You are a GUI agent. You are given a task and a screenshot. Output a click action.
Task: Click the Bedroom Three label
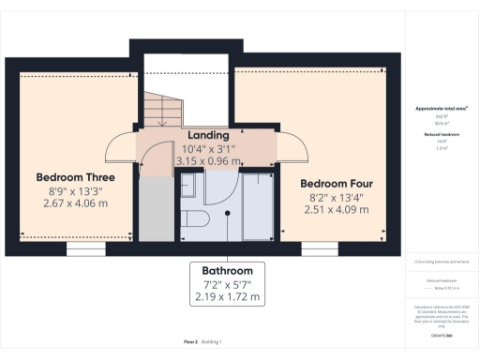coord(75,177)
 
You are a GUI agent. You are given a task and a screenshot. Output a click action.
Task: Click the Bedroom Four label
coord(336,182)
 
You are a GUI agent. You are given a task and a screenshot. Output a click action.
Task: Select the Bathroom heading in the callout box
coord(226,270)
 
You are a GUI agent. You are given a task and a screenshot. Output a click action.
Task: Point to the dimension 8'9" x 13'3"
coord(75,191)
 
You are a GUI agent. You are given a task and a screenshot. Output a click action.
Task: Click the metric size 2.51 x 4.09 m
coord(336,209)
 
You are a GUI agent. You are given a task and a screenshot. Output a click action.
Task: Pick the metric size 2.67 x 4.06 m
coord(75,204)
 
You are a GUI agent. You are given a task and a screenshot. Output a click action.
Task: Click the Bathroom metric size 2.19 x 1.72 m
coord(226,297)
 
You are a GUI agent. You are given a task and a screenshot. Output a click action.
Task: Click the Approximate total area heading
coord(442,109)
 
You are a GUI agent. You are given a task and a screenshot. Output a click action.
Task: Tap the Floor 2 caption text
coord(190,342)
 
